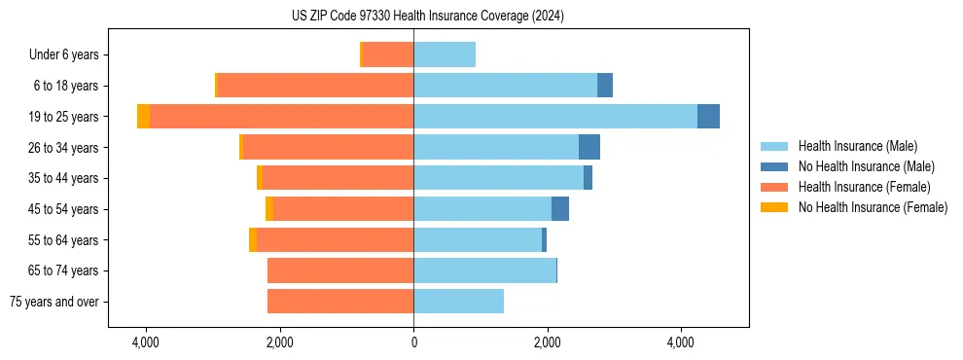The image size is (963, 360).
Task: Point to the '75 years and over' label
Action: (53, 302)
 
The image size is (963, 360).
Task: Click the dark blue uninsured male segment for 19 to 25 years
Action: (708, 117)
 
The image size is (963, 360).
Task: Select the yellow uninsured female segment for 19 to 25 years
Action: (143, 117)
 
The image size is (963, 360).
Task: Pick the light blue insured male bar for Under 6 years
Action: (445, 55)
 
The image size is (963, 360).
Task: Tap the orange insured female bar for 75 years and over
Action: (340, 302)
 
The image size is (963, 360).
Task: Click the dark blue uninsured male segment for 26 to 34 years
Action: (589, 148)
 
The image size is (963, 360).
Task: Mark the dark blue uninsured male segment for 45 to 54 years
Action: (560, 209)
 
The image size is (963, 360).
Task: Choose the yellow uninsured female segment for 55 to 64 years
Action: (253, 240)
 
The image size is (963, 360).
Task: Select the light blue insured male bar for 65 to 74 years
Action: (484, 270)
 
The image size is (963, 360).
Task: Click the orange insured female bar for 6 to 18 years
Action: (315, 86)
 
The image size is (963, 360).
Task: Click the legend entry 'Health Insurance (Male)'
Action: (857, 146)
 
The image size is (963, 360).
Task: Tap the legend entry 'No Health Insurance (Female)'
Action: (873, 207)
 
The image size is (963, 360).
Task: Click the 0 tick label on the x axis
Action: (413, 342)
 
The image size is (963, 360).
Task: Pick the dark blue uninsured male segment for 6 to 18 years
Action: (605, 86)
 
